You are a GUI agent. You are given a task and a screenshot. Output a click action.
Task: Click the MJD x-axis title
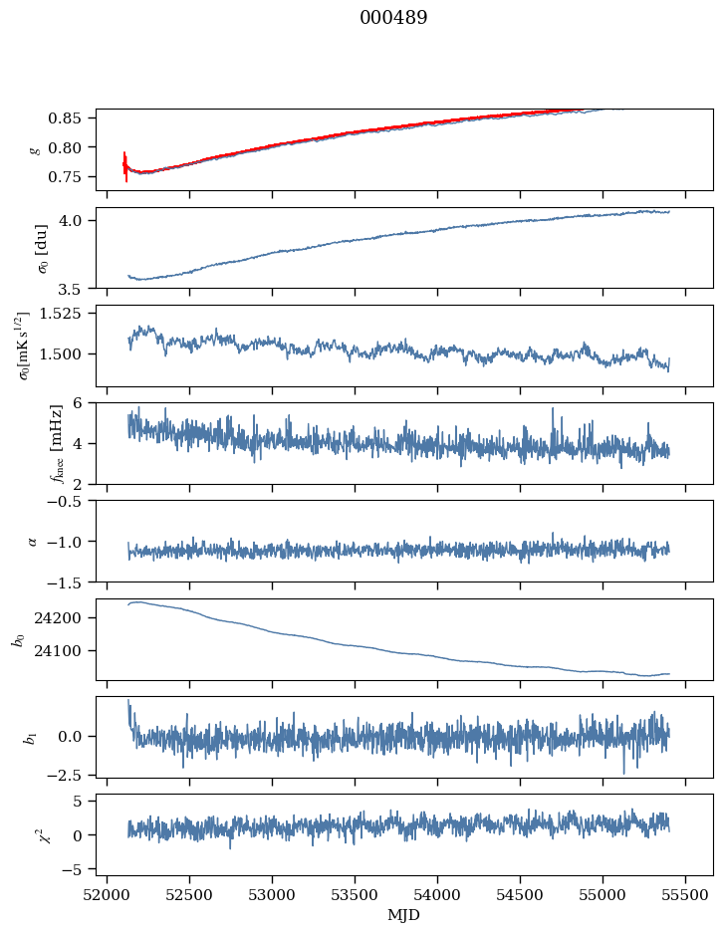tap(404, 915)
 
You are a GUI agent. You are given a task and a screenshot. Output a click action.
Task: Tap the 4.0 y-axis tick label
tap(77, 220)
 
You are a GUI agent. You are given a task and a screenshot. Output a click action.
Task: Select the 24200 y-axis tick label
tap(61, 618)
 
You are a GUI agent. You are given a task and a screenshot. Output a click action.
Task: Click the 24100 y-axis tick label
tap(61, 651)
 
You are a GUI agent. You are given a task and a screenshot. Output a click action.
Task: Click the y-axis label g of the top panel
tap(35, 149)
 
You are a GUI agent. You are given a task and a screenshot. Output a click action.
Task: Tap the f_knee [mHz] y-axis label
tap(27, 443)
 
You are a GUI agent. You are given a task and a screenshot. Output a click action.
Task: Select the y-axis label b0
tap(18, 638)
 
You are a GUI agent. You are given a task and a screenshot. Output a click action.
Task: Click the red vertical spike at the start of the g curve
tap(125, 166)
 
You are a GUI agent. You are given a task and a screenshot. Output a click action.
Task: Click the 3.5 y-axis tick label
tap(77, 290)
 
